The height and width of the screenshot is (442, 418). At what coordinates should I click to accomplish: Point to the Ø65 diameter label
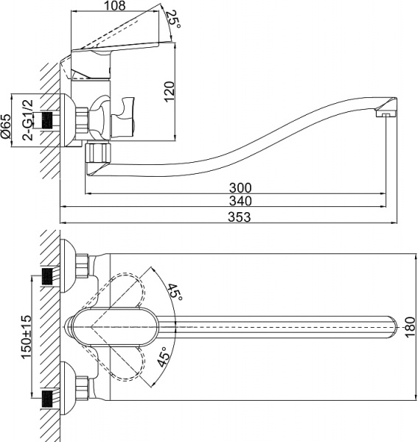(7, 126)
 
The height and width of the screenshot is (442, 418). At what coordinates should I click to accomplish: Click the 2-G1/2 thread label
(27, 121)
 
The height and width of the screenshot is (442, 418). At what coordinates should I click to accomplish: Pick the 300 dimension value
(240, 187)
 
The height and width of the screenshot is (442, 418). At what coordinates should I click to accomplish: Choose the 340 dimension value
(240, 201)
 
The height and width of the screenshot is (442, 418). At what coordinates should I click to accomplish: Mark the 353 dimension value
(240, 217)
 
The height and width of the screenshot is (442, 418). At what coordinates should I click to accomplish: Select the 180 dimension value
(410, 324)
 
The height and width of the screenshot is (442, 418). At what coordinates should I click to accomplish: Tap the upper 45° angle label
(175, 292)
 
